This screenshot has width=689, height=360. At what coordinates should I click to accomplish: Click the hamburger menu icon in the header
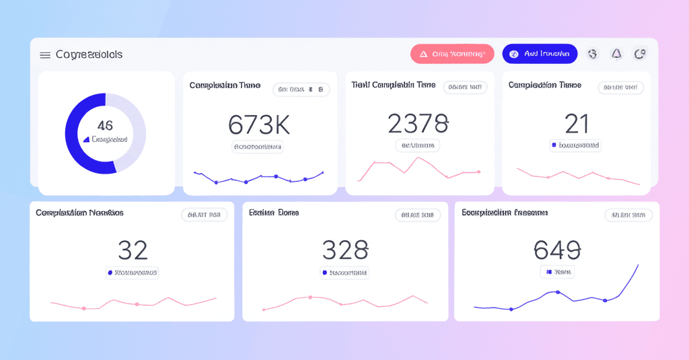pyautogui.click(x=45, y=55)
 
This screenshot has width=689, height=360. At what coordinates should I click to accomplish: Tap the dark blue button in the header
pyautogui.click(x=540, y=54)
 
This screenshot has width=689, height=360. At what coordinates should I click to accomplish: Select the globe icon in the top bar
pyautogui.click(x=592, y=54)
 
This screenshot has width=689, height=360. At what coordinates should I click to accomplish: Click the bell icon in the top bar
pyautogui.click(x=616, y=54)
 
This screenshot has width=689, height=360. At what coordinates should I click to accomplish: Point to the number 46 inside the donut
pyautogui.click(x=105, y=125)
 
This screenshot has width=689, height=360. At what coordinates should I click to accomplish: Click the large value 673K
pyautogui.click(x=259, y=124)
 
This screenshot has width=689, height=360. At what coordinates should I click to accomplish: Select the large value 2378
pyautogui.click(x=418, y=123)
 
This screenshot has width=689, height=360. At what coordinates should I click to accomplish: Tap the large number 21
pyautogui.click(x=577, y=123)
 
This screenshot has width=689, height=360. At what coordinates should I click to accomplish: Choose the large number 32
pyautogui.click(x=133, y=250)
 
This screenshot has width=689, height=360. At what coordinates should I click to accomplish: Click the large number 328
pyautogui.click(x=345, y=250)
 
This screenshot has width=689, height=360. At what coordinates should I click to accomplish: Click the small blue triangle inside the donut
pyautogui.click(x=86, y=139)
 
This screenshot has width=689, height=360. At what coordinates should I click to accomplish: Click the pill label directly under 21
pyautogui.click(x=575, y=145)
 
